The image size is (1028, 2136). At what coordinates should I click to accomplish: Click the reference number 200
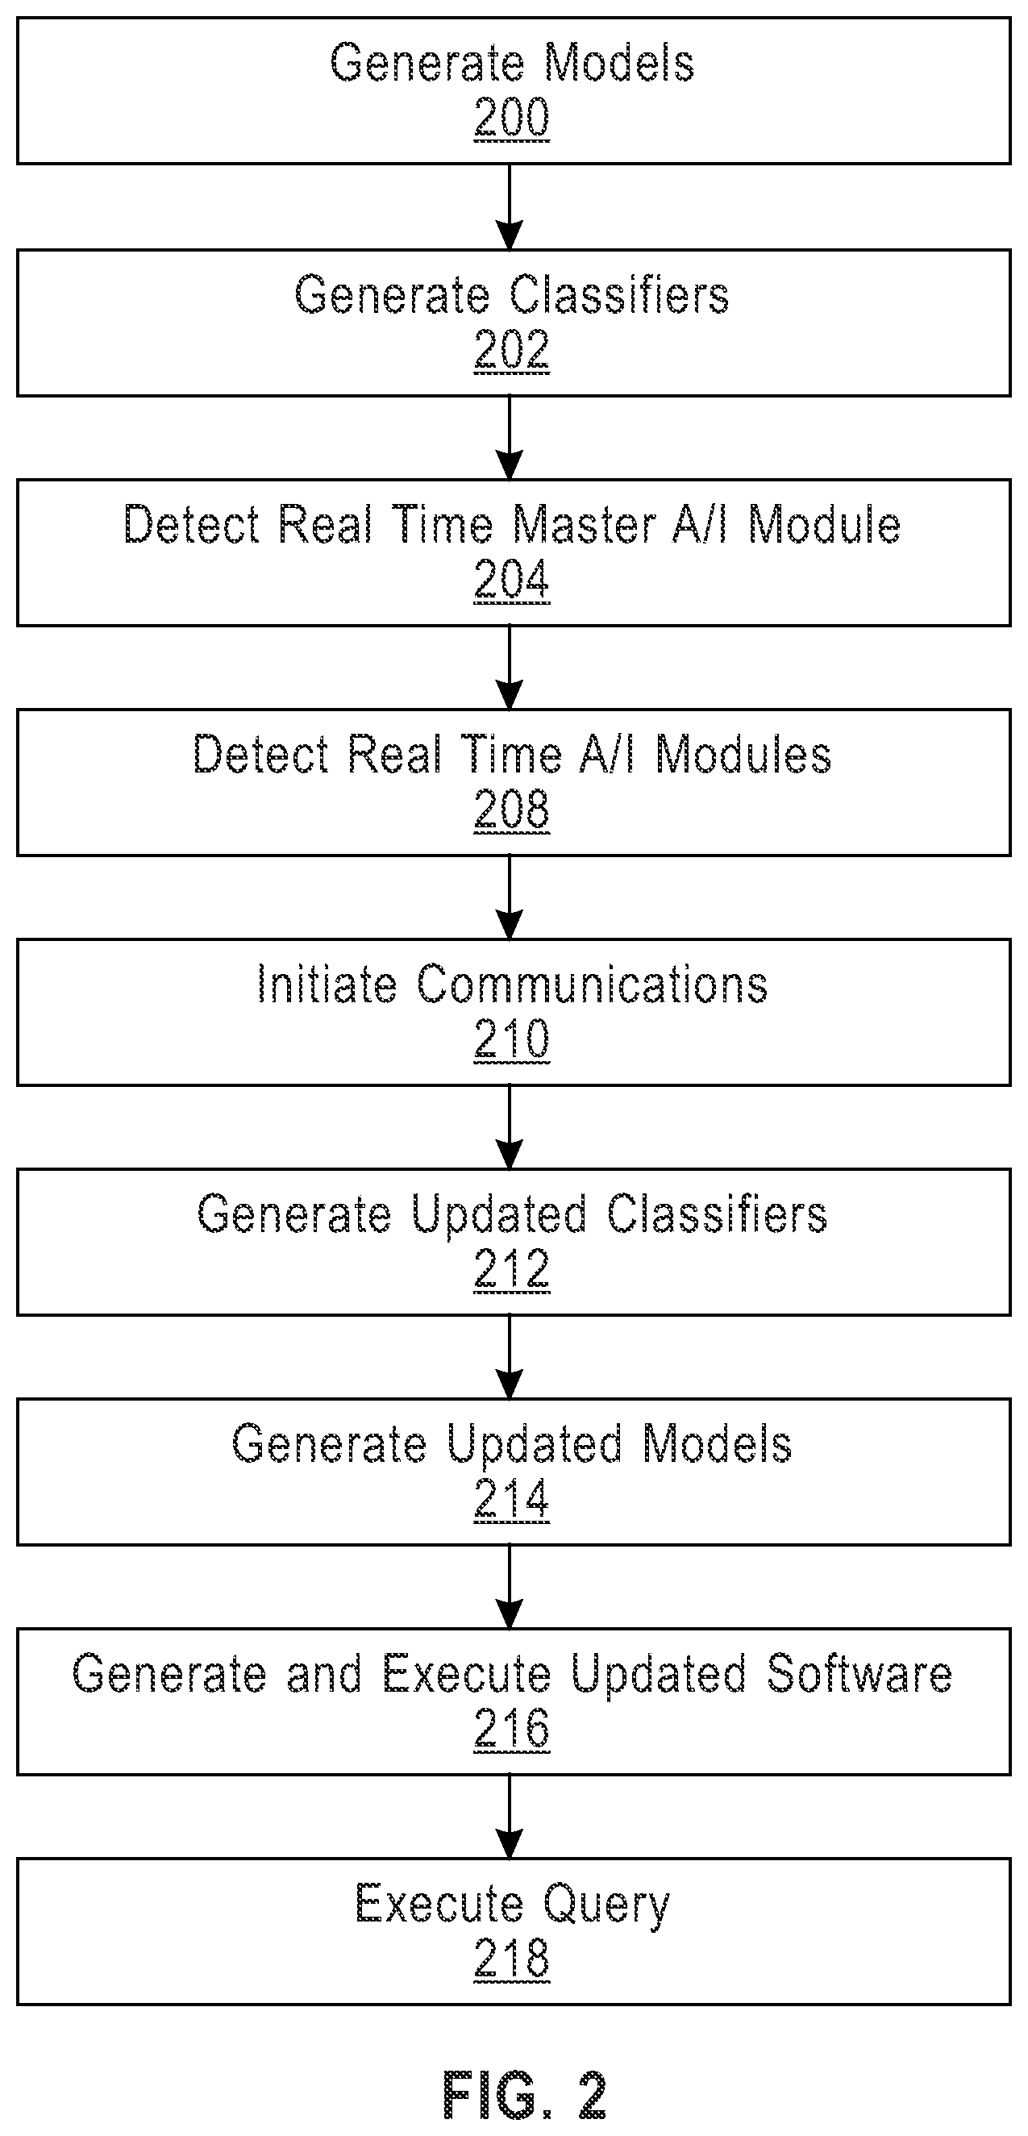click(x=511, y=117)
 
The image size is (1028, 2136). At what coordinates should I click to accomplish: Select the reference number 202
click(x=511, y=349)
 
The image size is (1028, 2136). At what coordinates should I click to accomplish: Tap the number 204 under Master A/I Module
click(x=511, y=579)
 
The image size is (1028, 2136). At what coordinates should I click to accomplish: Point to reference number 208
click(x=511, y=809)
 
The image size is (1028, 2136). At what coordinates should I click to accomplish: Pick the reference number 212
click(x=511, y=1268)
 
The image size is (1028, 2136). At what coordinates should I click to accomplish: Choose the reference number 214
click(x=511, y=1498)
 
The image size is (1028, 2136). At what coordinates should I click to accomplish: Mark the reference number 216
click(x=511, y=1728)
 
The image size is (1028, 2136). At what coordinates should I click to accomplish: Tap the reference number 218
click(x=511, y=1958)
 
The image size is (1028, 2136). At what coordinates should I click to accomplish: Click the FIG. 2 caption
click(x=524, y=2095)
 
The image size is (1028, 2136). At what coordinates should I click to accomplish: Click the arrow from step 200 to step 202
click(x=509, y=206)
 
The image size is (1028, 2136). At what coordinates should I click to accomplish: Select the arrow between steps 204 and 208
click(x=509, y=668)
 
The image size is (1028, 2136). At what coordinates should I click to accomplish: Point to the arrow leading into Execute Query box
click(x=509, y=1817)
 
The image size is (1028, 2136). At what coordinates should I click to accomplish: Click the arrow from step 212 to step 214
click(x=509, y=1357)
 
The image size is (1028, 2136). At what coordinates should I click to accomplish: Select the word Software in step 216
click(x=859, y=1673)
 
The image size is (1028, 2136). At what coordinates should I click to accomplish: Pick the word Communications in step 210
click(x=592, y=985)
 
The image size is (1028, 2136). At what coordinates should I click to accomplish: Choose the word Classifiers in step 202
click(x=618, y=294)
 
